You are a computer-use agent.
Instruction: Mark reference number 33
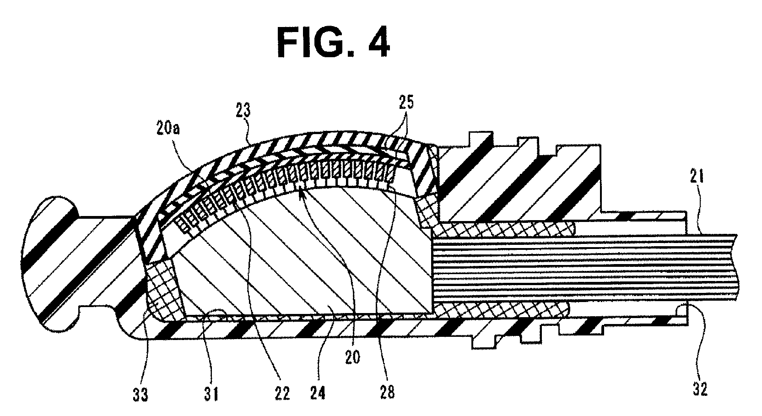tap(141, 394)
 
